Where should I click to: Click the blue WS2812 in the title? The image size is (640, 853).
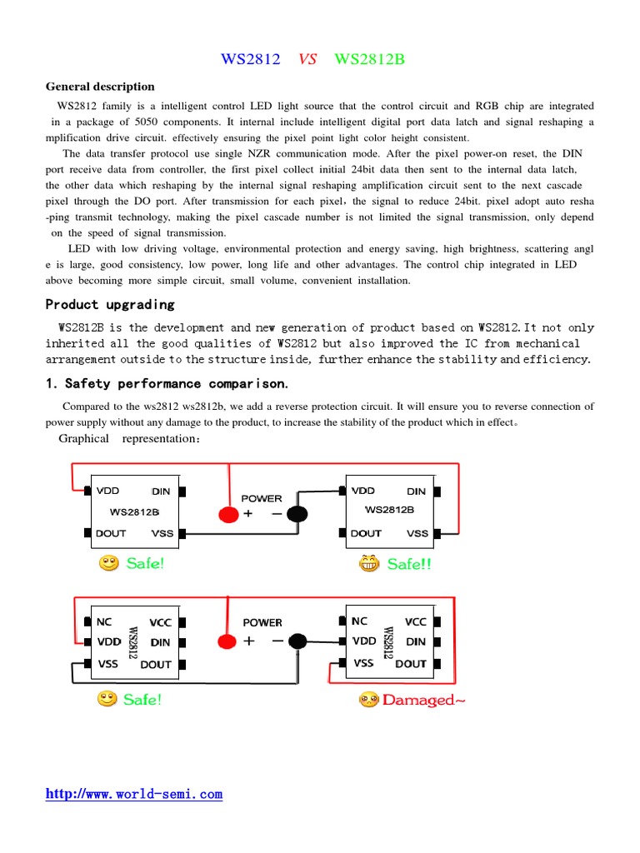(x=250, y=59)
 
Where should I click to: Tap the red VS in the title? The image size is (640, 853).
(x=307, y=59)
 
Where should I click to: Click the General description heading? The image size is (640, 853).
(x=100, y=87)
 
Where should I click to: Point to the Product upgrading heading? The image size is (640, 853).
(x=110, y=304)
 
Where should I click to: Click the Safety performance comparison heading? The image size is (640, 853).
(x=167, y=383)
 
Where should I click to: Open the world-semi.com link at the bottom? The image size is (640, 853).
(x=134, y=794)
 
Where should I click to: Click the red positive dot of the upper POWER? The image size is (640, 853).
(x=227, y=514)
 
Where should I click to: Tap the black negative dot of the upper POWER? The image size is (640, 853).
(x=297, y=514)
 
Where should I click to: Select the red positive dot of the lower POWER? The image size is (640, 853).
(x=226, y=641)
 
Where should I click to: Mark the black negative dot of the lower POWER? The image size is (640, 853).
(x=297, y=641)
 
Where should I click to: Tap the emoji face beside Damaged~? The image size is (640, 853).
(x=369, y=700)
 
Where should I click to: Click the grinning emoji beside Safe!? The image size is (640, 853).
(x=369, y=565)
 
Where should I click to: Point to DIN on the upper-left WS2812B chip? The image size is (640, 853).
(x=161, y=491)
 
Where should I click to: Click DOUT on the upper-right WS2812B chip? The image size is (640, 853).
(x=366, y=533)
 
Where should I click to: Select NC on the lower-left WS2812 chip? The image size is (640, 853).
(x=104, y=621)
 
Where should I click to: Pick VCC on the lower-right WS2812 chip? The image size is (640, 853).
(x=415, y=621)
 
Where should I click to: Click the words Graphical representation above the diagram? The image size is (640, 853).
(x=129, y=439)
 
